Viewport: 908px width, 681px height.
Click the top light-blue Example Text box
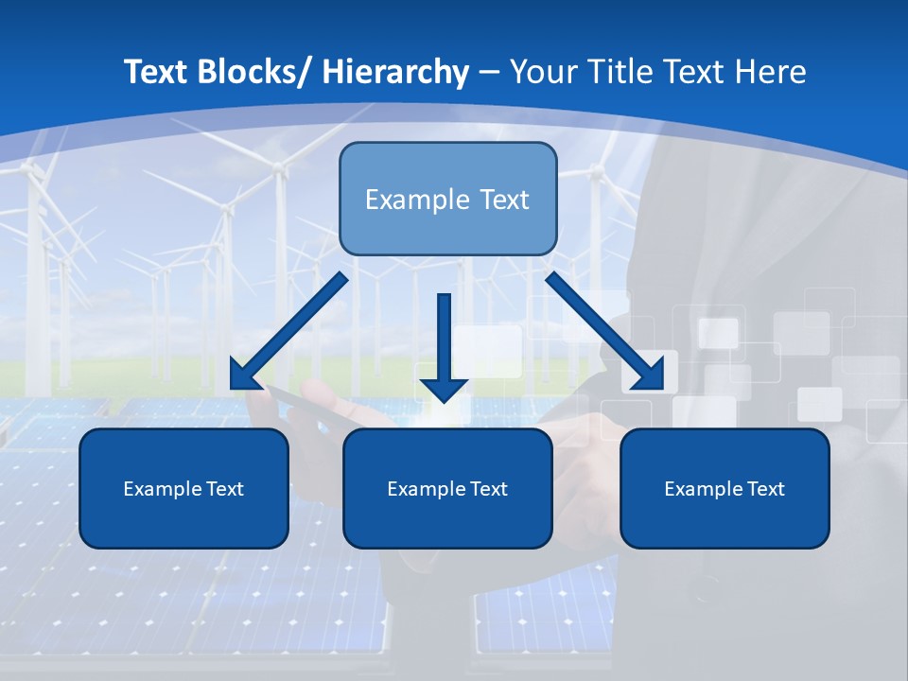point(447,199)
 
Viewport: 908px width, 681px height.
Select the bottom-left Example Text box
point(183,488)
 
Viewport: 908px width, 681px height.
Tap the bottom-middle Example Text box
point(447,488)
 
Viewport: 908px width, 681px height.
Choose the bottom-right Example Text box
point(725,488)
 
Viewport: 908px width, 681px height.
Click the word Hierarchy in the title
point(395,72)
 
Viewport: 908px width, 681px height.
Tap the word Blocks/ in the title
point(253,72)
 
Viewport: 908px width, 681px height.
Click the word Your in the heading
point(542,72)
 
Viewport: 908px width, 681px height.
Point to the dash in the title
point(489,72)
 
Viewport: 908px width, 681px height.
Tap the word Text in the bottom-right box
point(763,489)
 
